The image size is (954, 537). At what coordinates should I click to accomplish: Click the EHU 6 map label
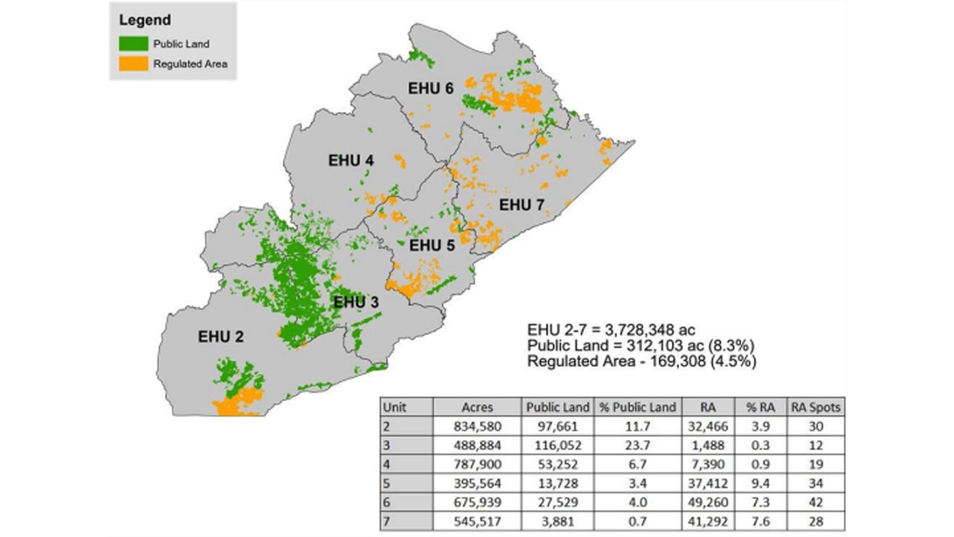(430, 89)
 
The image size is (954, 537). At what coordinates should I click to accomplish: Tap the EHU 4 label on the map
(351, 161)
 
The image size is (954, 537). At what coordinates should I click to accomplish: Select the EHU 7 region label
(521, 205)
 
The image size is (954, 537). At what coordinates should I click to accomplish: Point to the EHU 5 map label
(432, 246)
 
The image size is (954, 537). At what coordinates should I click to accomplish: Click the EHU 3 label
(356, 302)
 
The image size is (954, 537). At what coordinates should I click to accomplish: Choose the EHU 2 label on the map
(221, 337)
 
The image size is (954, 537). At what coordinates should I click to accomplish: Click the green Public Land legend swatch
(133, 44)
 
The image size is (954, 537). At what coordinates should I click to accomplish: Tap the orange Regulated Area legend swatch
(133, 64)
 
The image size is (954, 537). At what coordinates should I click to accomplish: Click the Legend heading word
(145, 20)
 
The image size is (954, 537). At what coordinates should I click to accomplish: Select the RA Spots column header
(816, 407)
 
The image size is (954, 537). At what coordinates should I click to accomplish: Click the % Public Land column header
(637, 407)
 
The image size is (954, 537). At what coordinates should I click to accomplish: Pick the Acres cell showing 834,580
(477, 426)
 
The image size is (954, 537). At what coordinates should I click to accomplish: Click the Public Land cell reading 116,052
(558, 445)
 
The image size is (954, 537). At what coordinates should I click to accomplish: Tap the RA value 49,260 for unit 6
(708, 503)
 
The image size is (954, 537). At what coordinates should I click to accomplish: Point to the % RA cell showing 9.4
(760, 484)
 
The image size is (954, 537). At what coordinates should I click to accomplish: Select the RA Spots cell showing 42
(816, 503)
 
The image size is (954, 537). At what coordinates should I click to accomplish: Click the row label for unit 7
(387, 522)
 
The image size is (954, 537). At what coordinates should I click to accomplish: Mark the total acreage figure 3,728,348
(650, 330)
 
